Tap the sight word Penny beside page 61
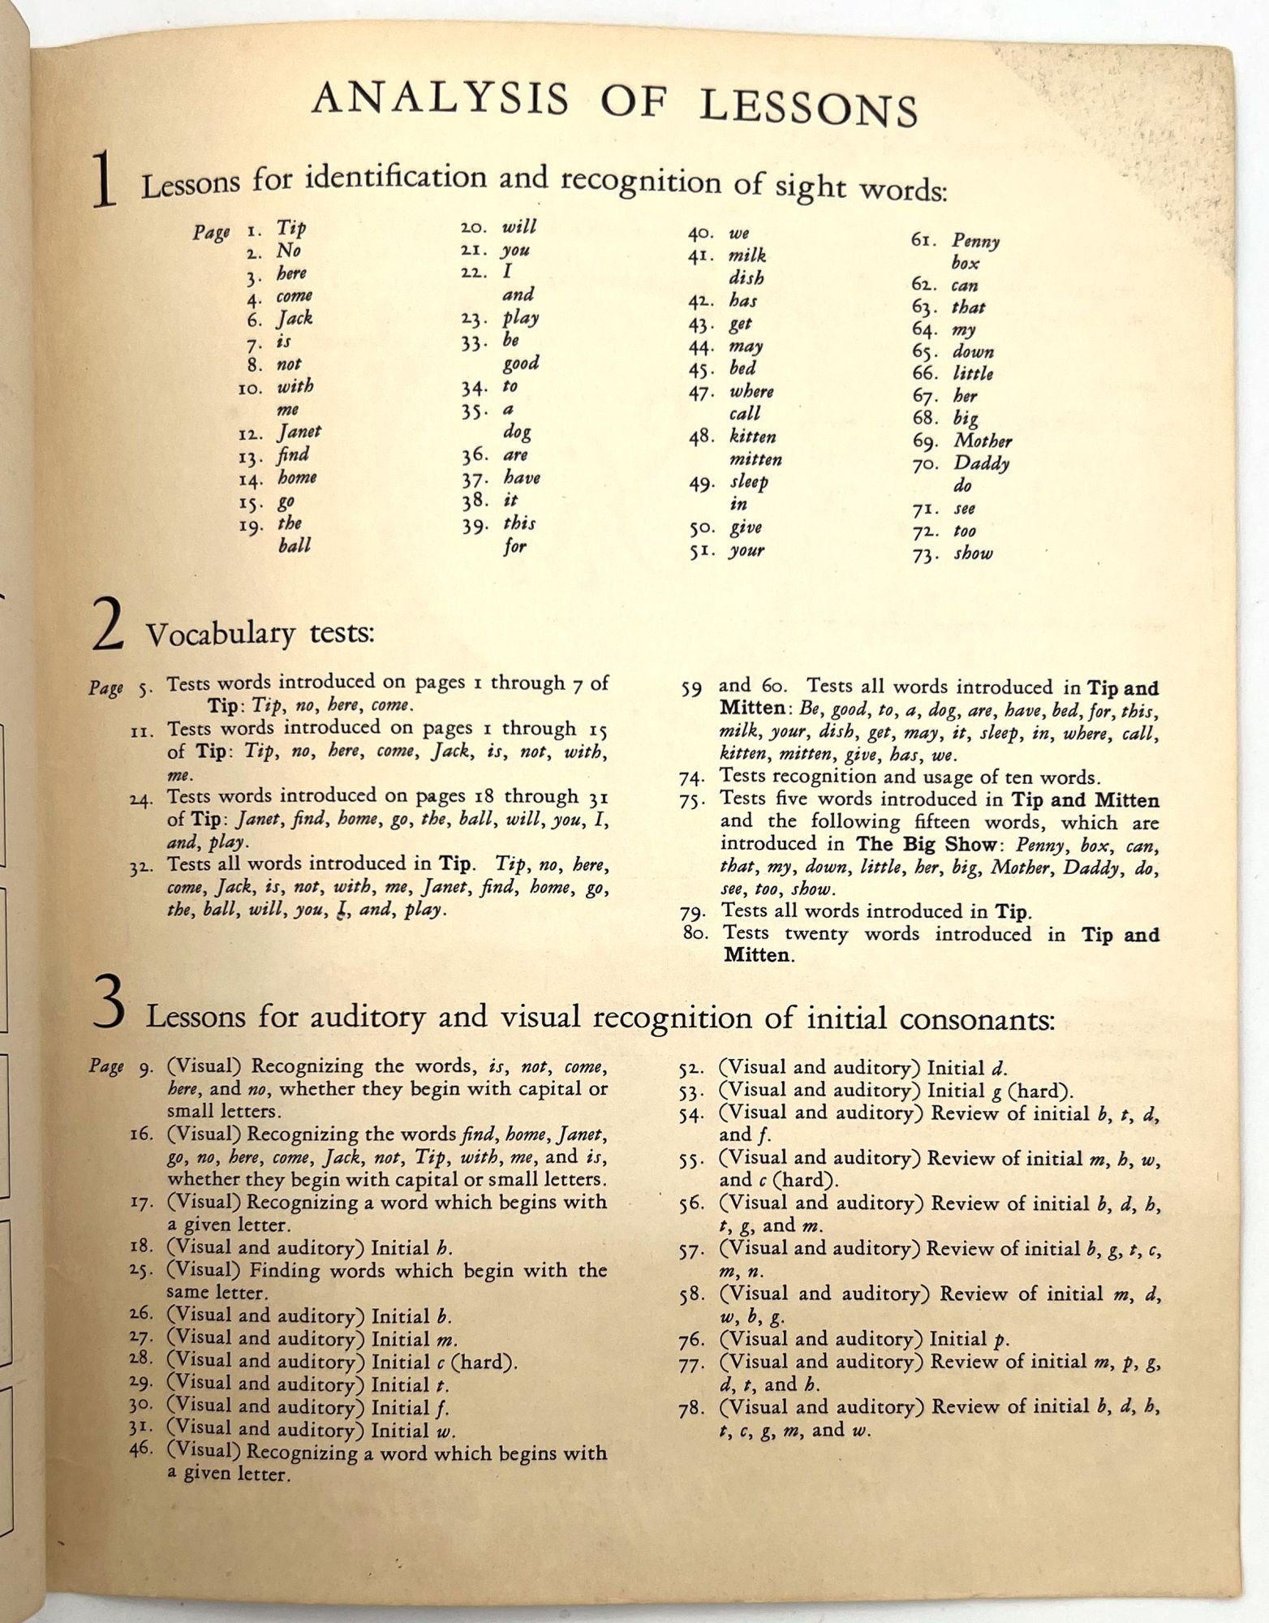click(x=975, y=241)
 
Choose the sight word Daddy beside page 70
click(x=981, y=463)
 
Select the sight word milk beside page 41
click(x=747, y=256)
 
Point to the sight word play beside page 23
click(x=520, y=317)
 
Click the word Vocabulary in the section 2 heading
click(x=219, y=633)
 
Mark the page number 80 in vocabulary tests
click(x=695, y=933)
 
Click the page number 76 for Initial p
click(x=691, y=1340)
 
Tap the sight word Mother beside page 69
click(x=983, y=441)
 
